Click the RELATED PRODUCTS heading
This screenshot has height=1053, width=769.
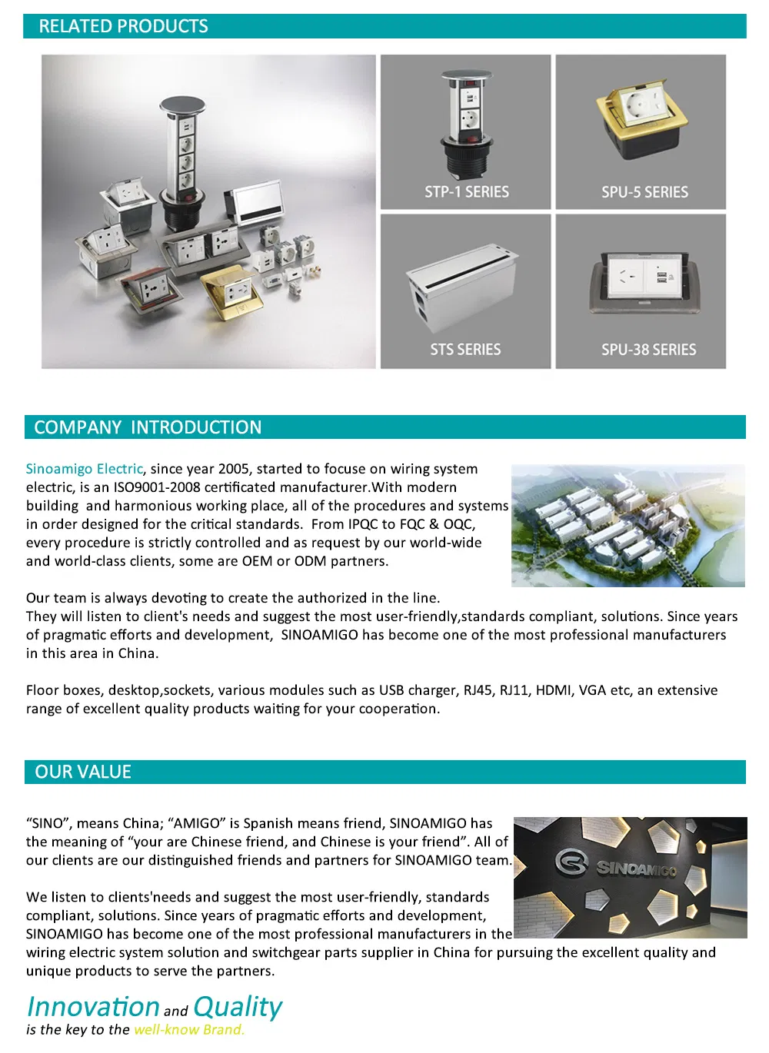click(123, 26)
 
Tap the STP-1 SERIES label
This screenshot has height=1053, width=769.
click(467, 192)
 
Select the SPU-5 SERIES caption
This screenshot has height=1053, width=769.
click(644, 192)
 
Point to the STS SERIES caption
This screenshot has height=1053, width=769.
click(465, 350)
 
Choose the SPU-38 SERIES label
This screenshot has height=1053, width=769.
click(648, 350)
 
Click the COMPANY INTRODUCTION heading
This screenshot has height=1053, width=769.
click(148, 427)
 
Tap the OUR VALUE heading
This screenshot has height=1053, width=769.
click(83, 772)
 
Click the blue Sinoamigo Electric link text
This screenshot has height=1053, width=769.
click(84, 469)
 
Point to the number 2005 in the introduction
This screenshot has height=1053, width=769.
click(234, 469)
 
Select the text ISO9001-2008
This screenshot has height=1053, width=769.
click(157, 487)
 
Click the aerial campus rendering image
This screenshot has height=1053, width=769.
click(628, 526)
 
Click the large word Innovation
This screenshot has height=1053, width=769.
click(93, 1007)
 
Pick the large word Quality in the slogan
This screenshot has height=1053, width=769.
click(238, 1007)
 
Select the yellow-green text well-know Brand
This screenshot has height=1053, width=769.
click(189, 1030)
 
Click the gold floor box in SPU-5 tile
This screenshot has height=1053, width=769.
click(641, 123)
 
